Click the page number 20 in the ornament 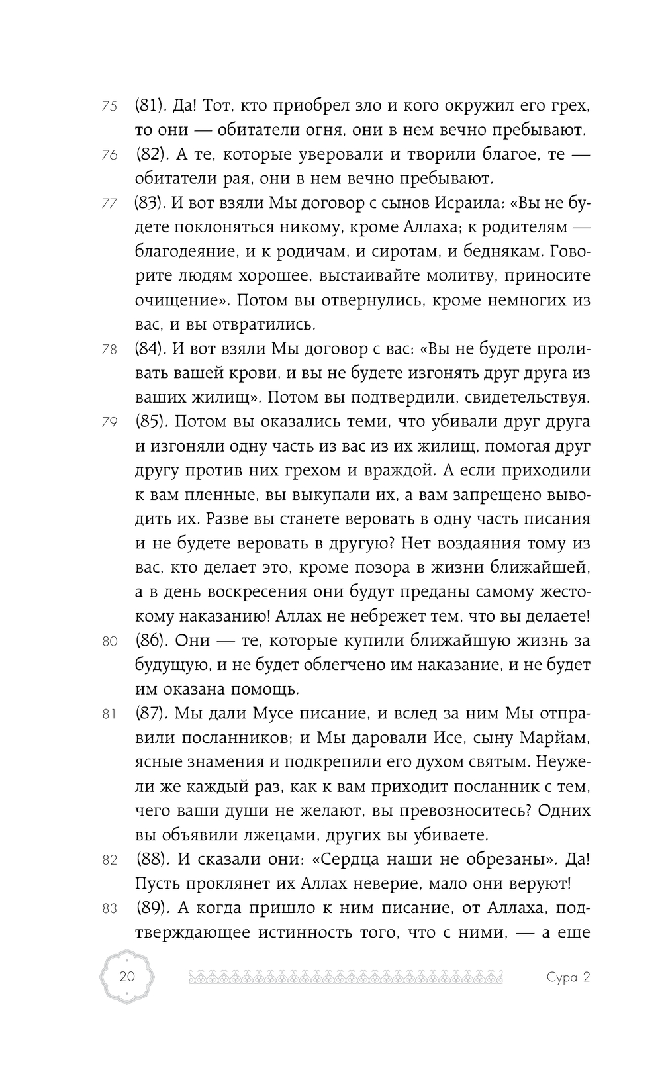point(126,977)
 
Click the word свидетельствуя point(512,398)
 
